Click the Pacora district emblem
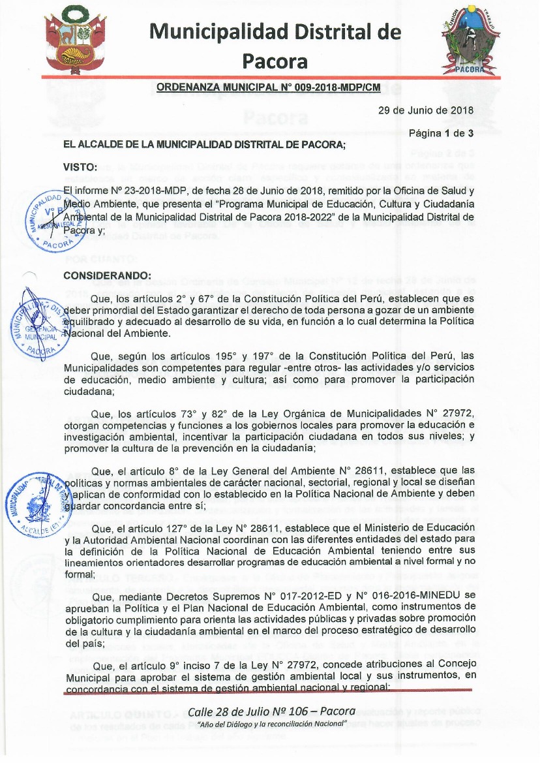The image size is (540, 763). coord(467,40)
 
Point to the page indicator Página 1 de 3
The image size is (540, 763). coord(441,134)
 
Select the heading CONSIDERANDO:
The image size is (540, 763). coord(107,275)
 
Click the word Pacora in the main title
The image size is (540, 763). coord(275,61)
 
